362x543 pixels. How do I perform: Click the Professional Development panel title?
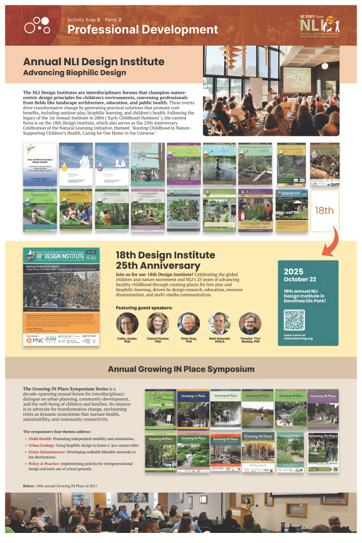tap(143, 30)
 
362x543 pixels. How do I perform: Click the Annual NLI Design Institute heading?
tap(94, 62)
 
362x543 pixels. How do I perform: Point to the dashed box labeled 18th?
tap(324, 211)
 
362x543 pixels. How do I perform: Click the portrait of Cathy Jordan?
tap(127, 322)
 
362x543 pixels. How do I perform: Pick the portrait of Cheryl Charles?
tap(158, 322)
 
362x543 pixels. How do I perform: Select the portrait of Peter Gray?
tap(188, 322)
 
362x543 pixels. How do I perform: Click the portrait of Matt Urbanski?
tap(219, 322)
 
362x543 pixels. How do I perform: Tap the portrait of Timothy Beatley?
tap(250, 322)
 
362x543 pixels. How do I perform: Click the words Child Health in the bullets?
tap(40, 439)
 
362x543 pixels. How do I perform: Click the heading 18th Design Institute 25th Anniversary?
tap(158, 260)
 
